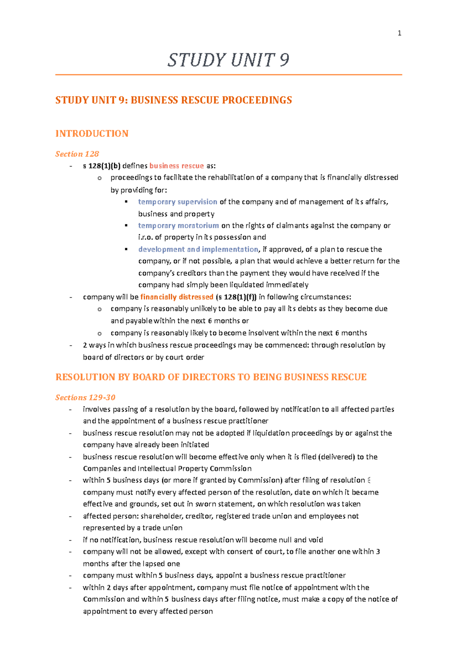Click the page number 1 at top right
(x=399, y=33)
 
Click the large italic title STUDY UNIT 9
(x=228, y=60)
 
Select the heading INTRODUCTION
(x=92, y=133)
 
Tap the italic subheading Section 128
(x=77, y=154)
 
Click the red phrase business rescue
(x=176, y=166)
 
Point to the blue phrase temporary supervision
(x=177, y=202)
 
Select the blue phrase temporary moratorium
(x=178, y=226)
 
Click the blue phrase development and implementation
(x=198, y=249)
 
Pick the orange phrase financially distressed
(x=177, y=297)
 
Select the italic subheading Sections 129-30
(x=85, y=397)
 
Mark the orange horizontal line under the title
(x=228, y=75)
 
